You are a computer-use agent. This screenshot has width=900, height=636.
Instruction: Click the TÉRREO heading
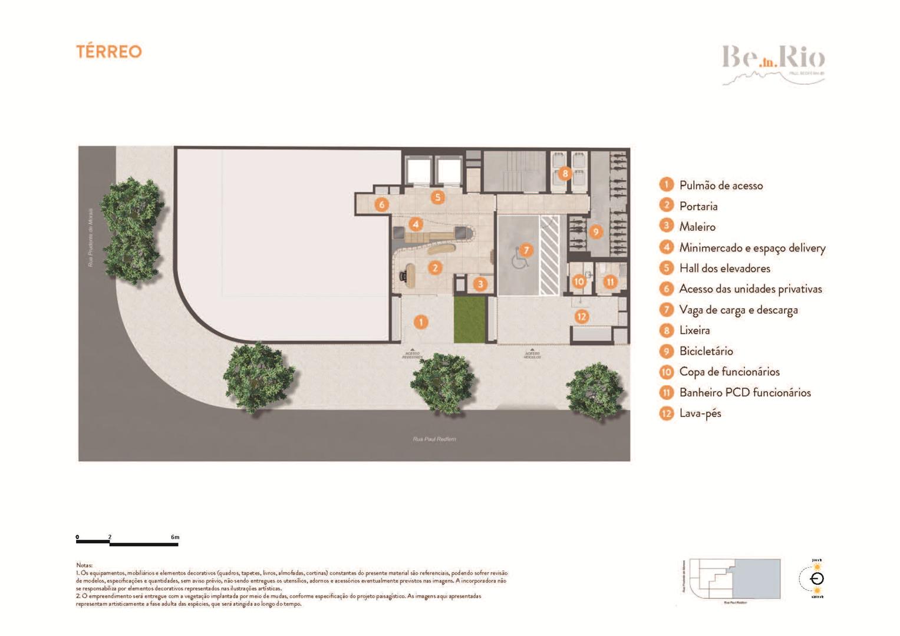109,52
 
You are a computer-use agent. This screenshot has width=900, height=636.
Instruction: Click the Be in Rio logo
773,62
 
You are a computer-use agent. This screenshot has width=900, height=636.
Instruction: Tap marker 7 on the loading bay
526,250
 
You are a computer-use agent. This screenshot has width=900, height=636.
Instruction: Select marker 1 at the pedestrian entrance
420,322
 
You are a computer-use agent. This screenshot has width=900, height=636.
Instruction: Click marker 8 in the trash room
565,173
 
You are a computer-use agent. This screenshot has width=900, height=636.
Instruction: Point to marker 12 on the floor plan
582,317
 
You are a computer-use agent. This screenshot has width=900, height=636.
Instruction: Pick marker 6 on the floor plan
382,205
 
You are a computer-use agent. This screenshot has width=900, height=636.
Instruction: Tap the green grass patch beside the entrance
469,319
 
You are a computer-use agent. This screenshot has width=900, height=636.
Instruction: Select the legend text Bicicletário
706,352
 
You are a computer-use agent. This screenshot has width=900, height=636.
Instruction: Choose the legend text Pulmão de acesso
720,185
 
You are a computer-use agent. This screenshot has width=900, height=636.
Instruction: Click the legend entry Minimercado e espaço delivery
751,248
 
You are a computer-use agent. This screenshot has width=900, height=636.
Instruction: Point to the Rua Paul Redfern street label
434,439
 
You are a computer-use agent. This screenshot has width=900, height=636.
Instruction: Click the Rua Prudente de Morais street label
91,237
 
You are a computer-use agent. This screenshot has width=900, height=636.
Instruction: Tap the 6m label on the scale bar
175,537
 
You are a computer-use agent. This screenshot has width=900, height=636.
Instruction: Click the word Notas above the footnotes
84,565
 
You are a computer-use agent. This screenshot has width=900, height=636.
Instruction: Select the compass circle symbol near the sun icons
817,578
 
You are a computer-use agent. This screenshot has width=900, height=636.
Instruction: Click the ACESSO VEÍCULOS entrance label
532,355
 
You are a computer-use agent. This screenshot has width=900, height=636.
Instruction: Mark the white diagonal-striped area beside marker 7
549,255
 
